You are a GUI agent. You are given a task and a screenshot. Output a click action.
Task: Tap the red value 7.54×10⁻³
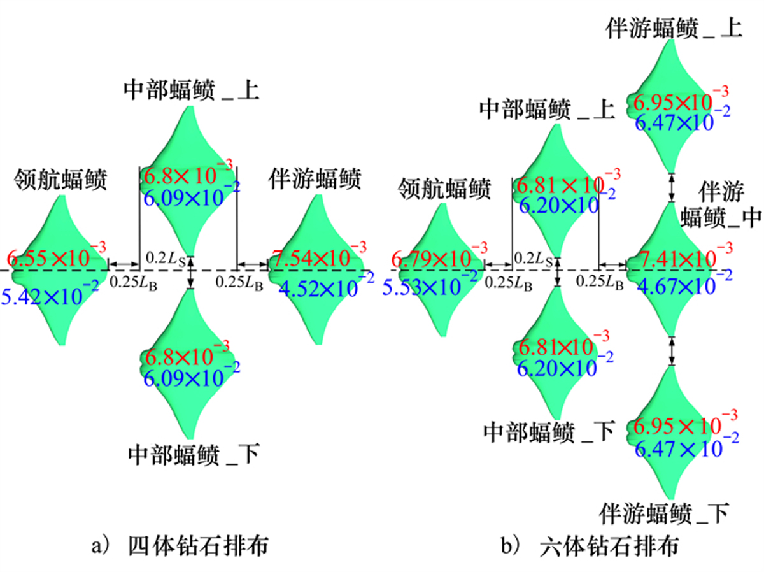(x=319, y=255)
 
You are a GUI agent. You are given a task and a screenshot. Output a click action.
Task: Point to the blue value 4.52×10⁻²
(x=326, y=286)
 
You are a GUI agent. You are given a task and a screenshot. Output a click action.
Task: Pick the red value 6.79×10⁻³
(x=439, y=256)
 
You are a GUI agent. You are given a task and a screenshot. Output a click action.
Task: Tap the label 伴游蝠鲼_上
(x=674, y=28)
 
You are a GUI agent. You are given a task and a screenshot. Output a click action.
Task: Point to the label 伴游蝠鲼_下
(x=663, y=513)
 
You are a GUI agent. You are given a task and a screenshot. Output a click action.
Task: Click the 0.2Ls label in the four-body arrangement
(x=166, y=259)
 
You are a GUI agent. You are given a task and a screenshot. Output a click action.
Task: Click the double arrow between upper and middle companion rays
(x=672, y=187)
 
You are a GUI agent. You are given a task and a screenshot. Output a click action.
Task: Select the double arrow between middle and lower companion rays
(x=672, y=350)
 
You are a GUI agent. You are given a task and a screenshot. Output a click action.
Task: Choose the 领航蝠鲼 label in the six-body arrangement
(x=444, y=189)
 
